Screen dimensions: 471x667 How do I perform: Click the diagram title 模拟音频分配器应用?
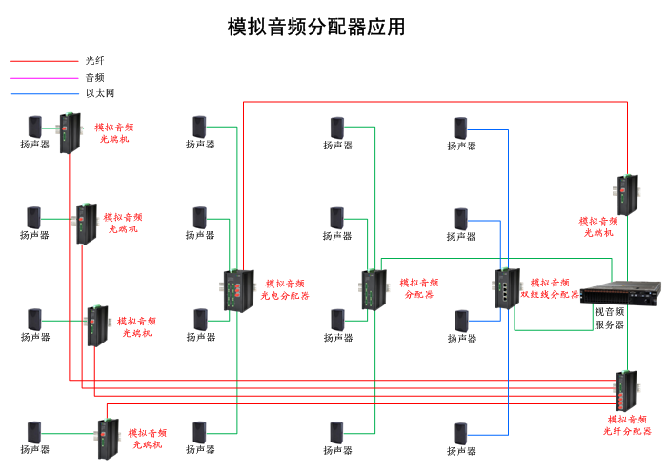point(316,27)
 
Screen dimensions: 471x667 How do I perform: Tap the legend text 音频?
point(95,77)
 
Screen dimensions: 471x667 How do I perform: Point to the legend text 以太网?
point(100,93)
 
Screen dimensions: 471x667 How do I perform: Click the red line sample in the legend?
point(43,61)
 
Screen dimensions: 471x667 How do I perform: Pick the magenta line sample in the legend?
point(43,77)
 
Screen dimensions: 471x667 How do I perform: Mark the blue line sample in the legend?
point(43,93)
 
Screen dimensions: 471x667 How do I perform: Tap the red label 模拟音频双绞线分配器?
point(555,288)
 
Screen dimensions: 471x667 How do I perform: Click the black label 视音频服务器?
point(610,318)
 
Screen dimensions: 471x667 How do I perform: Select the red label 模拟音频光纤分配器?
point(628,424)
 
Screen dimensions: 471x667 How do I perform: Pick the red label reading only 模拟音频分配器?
point(419,288)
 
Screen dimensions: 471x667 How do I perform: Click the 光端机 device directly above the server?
point(626,195)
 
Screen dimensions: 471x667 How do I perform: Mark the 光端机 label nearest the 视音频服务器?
point(598,226)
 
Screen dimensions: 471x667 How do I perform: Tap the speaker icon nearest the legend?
point(35,127)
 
